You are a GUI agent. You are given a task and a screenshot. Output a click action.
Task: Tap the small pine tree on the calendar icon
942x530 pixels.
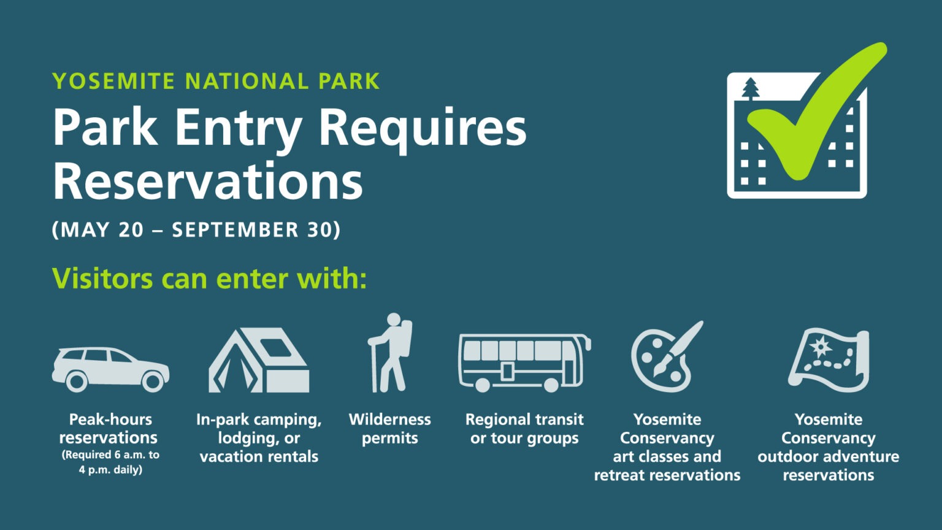point(750,88)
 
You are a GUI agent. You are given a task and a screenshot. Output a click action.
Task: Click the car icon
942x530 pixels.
point(110,369)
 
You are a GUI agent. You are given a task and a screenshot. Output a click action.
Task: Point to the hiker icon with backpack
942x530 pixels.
point(390,354)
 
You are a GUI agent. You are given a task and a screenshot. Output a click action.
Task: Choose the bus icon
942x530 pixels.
point(524,363)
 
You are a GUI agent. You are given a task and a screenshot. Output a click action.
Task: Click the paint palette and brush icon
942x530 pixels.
point(666,357)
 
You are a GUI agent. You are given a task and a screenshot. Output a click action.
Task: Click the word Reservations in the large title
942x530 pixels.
point(207,181)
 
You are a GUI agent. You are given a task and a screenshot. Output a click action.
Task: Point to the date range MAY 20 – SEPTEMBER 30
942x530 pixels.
point(196,229)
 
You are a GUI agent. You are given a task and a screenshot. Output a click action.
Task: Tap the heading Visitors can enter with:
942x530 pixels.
point(209,278)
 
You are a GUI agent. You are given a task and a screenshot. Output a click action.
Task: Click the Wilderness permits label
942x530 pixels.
point(390,429)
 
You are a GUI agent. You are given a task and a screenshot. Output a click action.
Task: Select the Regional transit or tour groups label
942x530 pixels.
point(524,429)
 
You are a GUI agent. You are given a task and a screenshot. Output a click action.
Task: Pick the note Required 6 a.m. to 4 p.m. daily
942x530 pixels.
point(110,462)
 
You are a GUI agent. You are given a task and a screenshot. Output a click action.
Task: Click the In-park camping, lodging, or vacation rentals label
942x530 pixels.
point(259,438)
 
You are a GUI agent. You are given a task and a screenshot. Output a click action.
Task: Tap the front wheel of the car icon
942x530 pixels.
point(153,382)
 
